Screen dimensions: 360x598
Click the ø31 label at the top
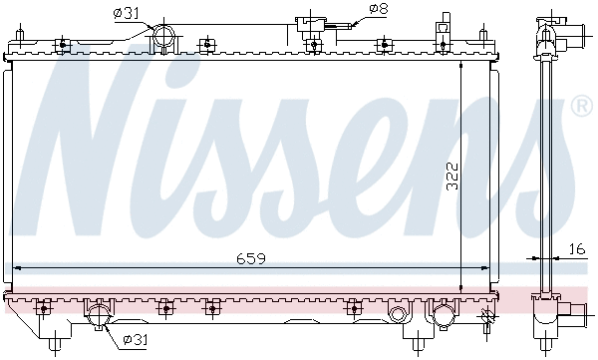(125, 13)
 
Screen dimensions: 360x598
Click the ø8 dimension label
(379, 10)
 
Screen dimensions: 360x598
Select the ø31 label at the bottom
(136, 340)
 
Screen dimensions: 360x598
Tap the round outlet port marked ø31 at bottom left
(100, 317)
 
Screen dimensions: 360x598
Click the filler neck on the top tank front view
(312, 27)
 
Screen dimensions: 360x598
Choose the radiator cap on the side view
(546, 22)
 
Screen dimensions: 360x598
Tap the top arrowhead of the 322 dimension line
(460, 66)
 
